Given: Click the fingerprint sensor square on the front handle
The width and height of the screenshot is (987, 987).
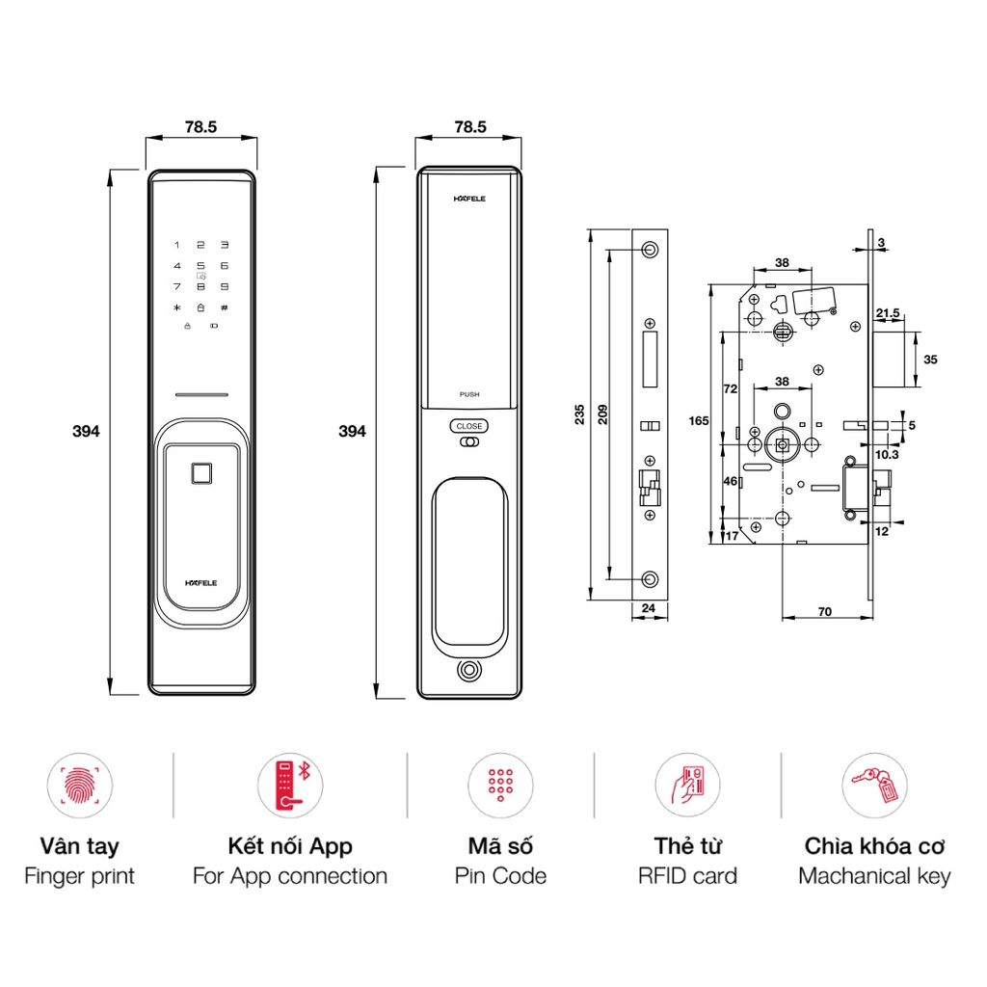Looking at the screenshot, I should coord(201,474).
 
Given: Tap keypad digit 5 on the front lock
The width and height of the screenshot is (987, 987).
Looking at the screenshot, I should coord(200,265).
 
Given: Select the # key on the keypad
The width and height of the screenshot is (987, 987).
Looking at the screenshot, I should coord(224,307).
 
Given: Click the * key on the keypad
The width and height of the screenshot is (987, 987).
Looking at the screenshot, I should coord(176,307).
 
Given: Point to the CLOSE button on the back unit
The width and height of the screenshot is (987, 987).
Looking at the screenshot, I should coord(469,426).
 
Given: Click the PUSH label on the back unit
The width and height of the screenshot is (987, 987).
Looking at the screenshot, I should coord(469,394).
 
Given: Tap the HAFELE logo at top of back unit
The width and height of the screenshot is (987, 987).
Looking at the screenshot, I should coord(469,200).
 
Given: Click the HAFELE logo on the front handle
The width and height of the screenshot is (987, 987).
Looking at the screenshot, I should coord(201,583).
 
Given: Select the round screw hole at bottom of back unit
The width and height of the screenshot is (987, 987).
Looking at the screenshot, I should coord(469,671).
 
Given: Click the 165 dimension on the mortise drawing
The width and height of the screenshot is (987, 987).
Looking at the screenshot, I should coord(699,420).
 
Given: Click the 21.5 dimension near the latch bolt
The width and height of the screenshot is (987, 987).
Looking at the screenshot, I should coord(888,313).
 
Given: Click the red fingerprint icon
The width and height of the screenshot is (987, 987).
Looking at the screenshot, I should coord(79,785).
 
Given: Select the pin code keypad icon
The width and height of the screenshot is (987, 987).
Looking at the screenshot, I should coord(499,785).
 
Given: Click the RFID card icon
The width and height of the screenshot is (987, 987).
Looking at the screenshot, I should coord(687,785).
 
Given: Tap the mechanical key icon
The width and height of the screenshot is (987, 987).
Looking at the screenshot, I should coord(874,785).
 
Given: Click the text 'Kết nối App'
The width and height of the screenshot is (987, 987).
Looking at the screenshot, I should coord(289,846).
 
